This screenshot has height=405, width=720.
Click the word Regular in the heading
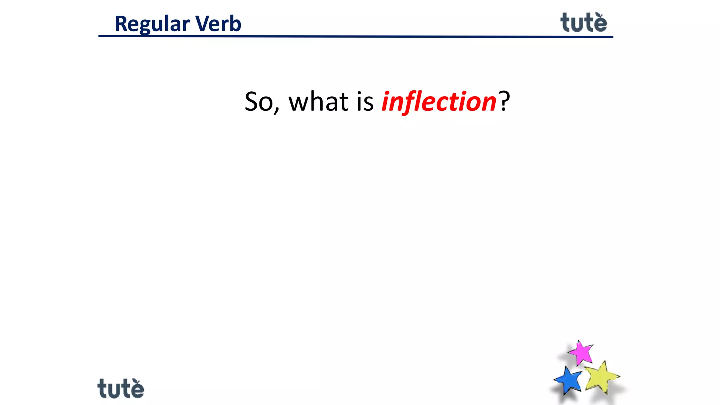pos(152,24)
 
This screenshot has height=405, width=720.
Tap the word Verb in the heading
pos(218,24)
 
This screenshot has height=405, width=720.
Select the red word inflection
pos(439,102)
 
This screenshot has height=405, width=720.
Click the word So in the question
pos(258,102)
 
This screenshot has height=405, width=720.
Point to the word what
pos(318,102)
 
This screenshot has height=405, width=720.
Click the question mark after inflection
pos(504,101)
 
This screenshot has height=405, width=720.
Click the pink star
pos(581,352)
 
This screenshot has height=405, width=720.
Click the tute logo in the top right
pos(584,23)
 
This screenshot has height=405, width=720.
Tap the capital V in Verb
pos(202,24)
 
